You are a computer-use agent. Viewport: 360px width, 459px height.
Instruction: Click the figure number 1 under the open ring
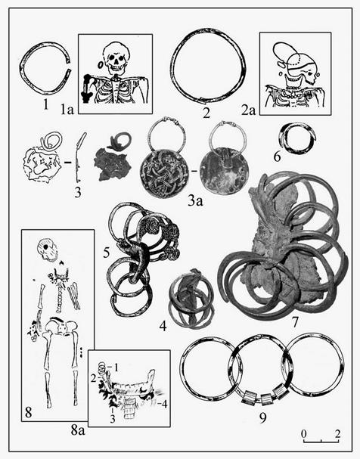(x=45, y=104)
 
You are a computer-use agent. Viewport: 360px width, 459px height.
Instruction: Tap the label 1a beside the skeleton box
(x=67, y=110)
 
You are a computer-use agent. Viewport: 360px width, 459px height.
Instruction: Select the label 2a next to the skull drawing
(x=248, y=110)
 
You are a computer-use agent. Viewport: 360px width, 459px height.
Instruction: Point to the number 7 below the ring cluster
(x=295, y=322)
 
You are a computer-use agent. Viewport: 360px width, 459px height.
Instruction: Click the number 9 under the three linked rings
(x=263, y=417)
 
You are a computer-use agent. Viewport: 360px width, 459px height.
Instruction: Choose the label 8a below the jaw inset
(x=78, y=430)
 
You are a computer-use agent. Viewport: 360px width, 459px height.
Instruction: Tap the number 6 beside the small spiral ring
(x=277, y=157)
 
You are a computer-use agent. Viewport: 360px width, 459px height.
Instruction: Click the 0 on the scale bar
(x=304, y=433)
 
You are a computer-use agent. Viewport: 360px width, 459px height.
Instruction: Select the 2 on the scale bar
(x=338, y=433)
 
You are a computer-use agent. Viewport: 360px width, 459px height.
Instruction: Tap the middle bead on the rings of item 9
(x=265, y=399)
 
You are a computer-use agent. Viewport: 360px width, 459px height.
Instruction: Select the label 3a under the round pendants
(x=196, y=201)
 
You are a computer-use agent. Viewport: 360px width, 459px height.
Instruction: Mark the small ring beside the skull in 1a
(x=100, y=64)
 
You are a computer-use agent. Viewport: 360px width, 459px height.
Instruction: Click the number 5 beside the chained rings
(x=107, y=253)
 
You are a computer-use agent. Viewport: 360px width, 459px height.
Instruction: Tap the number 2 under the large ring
(x=206, y=113)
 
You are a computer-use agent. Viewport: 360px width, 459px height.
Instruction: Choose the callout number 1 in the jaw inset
(x=116, y=368)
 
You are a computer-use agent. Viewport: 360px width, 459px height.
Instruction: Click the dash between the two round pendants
(x=193, y=169)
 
